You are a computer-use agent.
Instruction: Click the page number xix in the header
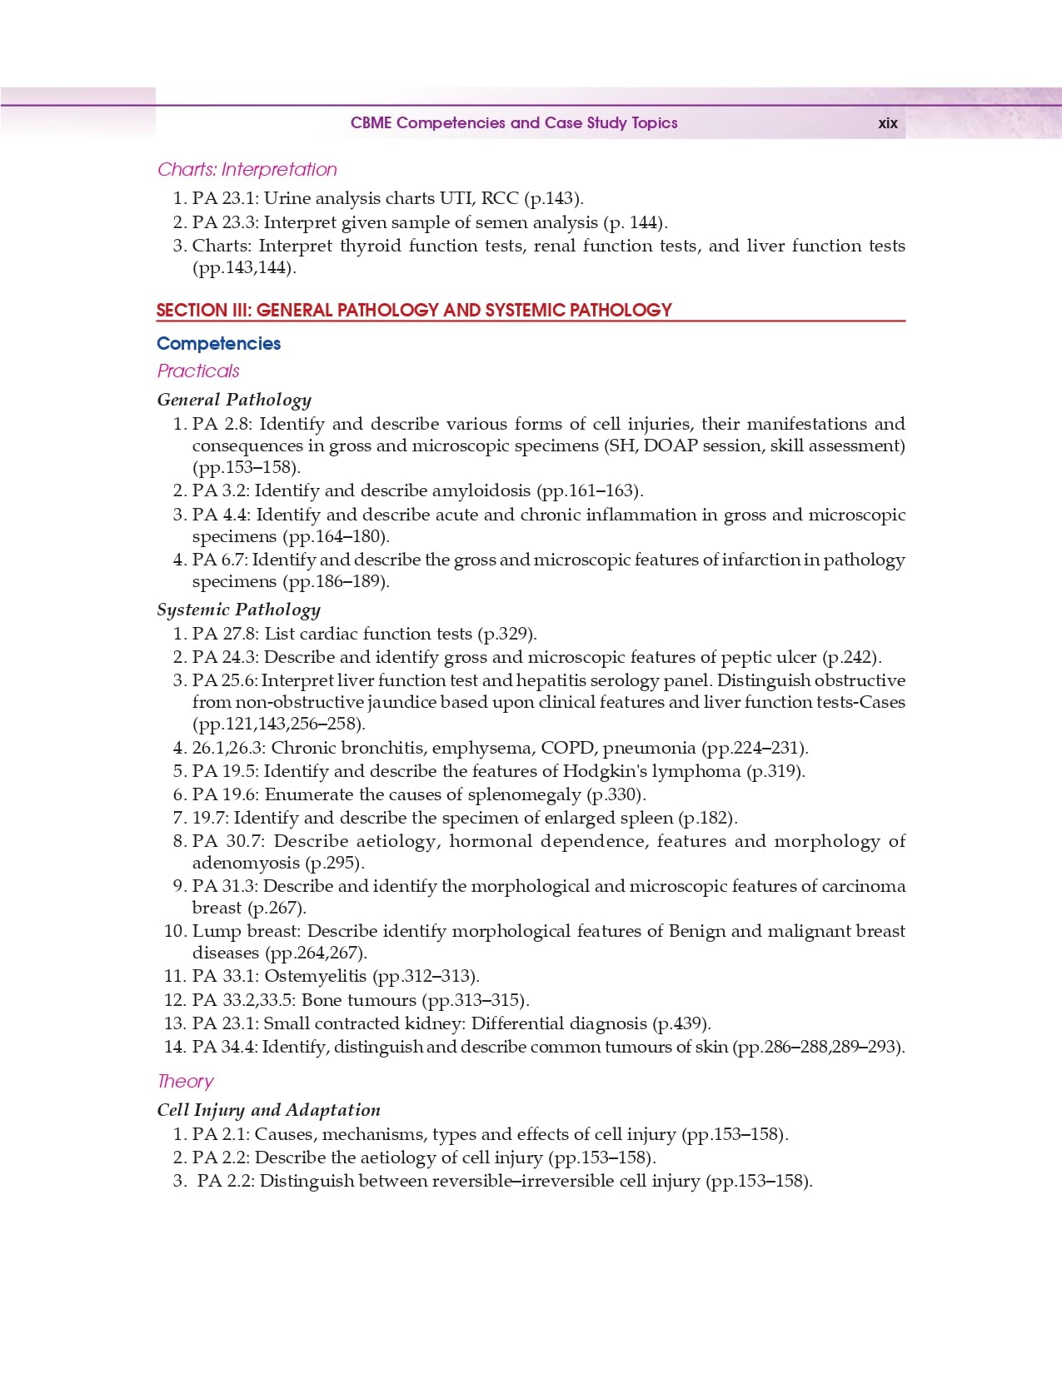point(887,123)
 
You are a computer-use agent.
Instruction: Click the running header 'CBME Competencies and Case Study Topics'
point(514,123)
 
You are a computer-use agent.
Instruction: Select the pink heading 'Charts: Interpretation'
point(247,170)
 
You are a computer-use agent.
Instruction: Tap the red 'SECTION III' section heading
point(414,311)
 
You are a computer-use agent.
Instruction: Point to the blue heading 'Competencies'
point(218,344)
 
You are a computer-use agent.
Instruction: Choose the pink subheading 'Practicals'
point(198,371)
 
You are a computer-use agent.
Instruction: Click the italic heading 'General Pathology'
point(234,401)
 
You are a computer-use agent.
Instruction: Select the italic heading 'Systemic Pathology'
point(238,610)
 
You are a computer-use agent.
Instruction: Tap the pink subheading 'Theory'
point(185,1082)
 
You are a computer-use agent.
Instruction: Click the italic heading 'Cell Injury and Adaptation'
point(268,1110)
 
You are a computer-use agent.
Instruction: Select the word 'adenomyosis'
point(246,863)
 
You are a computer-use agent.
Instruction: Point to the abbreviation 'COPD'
point(567,748)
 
